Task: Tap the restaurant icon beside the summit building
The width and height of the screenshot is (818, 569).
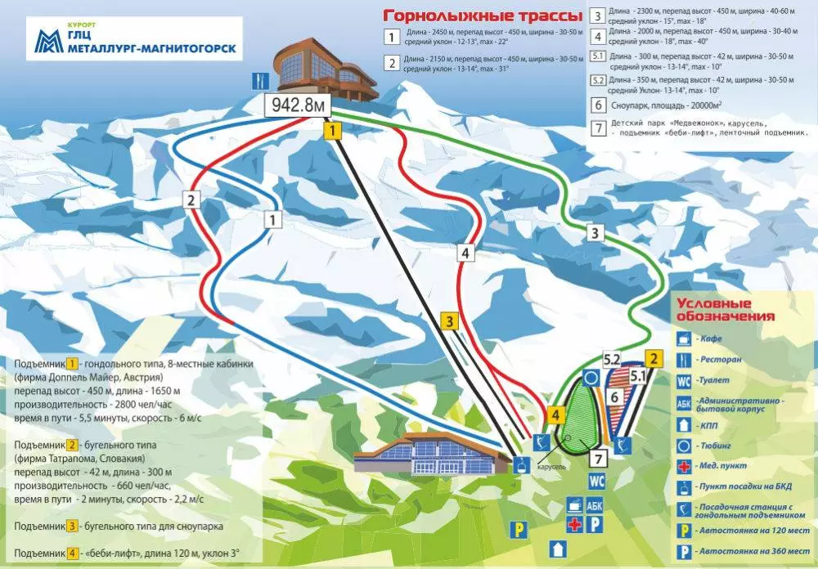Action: (260, 80)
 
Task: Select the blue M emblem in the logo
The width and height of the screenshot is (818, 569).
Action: (50, 41)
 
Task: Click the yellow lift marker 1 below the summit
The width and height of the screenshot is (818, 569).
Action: (331, 130)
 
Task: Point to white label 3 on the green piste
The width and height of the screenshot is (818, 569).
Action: (596, 233)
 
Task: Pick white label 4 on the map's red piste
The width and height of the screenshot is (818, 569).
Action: (465, 253)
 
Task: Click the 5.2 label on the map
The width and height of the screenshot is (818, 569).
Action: (611, 358)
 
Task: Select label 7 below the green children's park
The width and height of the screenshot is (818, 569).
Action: (598, 458)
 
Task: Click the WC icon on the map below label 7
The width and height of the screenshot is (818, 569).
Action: (597, 481)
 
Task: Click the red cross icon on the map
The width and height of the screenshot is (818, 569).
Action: (575, 523)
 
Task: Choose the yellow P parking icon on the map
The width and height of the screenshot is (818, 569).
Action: (516, 529)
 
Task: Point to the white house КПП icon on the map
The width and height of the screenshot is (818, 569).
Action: (559, 547)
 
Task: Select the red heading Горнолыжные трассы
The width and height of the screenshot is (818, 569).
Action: (483, 16)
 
